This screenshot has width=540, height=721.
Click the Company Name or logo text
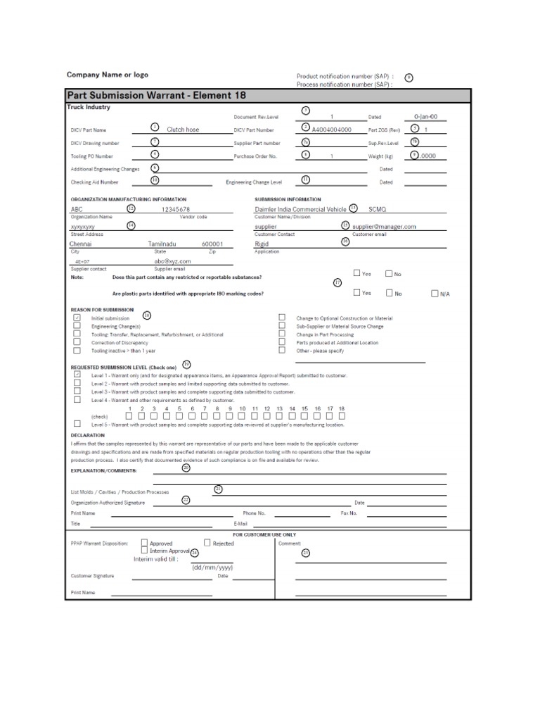[107, 75]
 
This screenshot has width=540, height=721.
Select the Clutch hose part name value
[183, 130]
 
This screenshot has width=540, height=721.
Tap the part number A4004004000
[331, 130]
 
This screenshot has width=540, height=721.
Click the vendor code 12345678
[175, 209]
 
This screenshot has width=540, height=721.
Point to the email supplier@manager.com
[384, 227]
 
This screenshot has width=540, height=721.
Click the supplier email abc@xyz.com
[172, 261]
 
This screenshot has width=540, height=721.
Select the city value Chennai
[82, 244]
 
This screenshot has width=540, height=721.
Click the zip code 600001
[212, 244]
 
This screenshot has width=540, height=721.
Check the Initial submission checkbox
[77, 318]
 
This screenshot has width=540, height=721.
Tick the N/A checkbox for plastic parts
[434, 293]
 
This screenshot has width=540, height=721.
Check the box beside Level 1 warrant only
[77, 375]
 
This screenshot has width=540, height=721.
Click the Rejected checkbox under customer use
[207, 543]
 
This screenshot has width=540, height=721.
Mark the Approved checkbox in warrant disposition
[144, 543]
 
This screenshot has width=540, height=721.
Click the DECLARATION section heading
[89, 434]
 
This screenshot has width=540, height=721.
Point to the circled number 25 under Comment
[305, 553]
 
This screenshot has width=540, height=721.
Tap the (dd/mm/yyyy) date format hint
[212, 567]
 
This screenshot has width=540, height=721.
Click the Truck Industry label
[89, 108]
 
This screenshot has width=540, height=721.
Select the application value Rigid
[262, 244]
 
